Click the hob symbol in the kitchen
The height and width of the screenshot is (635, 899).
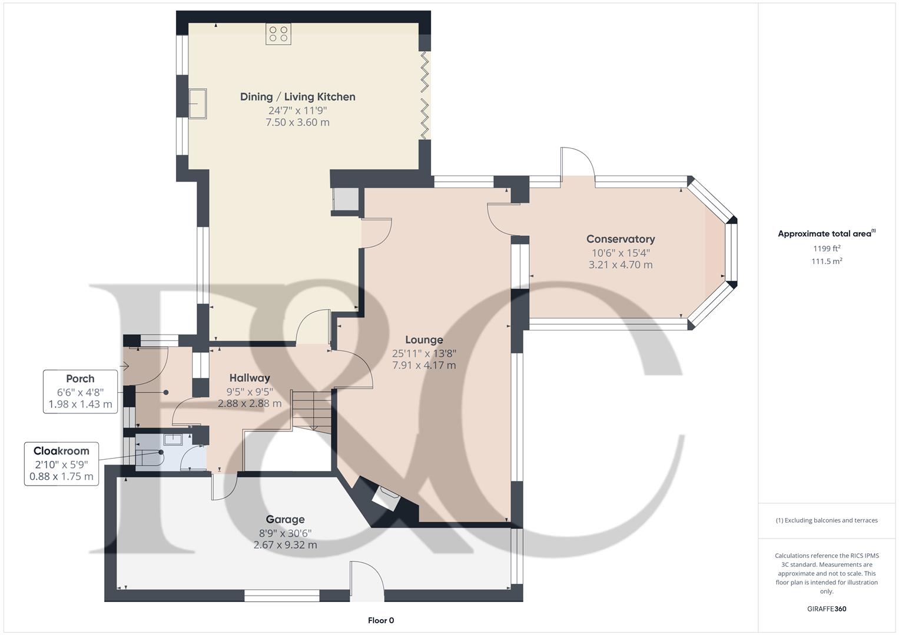(278, 34)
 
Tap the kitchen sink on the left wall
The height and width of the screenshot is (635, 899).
(197, 103)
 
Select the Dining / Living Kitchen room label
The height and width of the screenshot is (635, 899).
(297, 97)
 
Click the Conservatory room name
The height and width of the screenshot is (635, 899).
(621, 239)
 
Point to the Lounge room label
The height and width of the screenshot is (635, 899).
(424, 340)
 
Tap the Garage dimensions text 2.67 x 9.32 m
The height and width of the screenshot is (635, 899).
(285, 545)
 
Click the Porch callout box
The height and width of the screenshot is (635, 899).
(80, 392)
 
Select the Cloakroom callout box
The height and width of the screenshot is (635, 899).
(61, 463)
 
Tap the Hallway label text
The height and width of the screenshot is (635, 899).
(250, 378)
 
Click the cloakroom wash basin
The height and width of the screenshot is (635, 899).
(173, 439)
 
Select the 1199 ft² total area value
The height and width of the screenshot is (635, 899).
(827, 249)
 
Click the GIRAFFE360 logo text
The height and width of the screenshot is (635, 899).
(827, 609)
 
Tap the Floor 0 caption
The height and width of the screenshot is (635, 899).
(381, 620)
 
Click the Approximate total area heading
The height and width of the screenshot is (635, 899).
(826, 233)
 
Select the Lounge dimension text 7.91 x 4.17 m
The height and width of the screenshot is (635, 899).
(424, 365)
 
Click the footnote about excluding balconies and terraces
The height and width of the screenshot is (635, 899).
(827, 520)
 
